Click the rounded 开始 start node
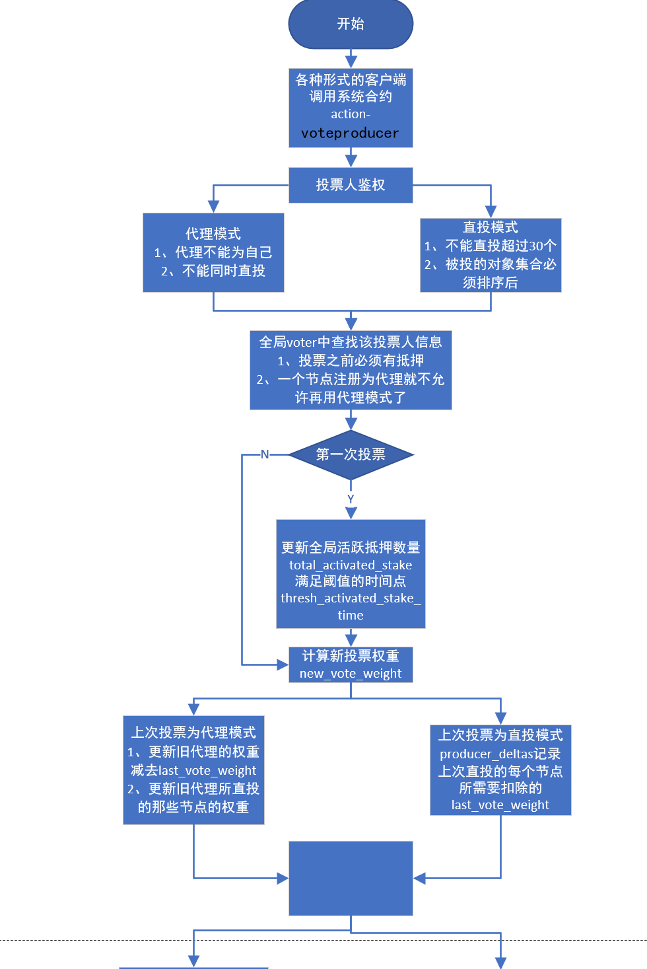tap(351, 24)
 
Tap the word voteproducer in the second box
tap(350, 133)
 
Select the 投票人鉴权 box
tap(351, 185)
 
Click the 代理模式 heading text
tap(213, 234)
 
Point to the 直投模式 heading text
tap(491, 227)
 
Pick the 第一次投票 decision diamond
tap(351, 454)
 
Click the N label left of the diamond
tap(265, 454)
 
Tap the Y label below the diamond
tap(351, 499)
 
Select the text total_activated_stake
tap(351, 565)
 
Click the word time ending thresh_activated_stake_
tap(351, 615)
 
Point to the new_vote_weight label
tap(351, 673)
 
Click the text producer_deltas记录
tap(500, 754)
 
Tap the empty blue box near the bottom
tap(351, 878)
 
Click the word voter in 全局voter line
tap(302, 342)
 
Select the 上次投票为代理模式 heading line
tap(193, 733)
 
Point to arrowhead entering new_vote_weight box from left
tap(283, 664)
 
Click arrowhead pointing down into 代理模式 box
tap(213, 207)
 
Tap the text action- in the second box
tap(351, 114)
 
